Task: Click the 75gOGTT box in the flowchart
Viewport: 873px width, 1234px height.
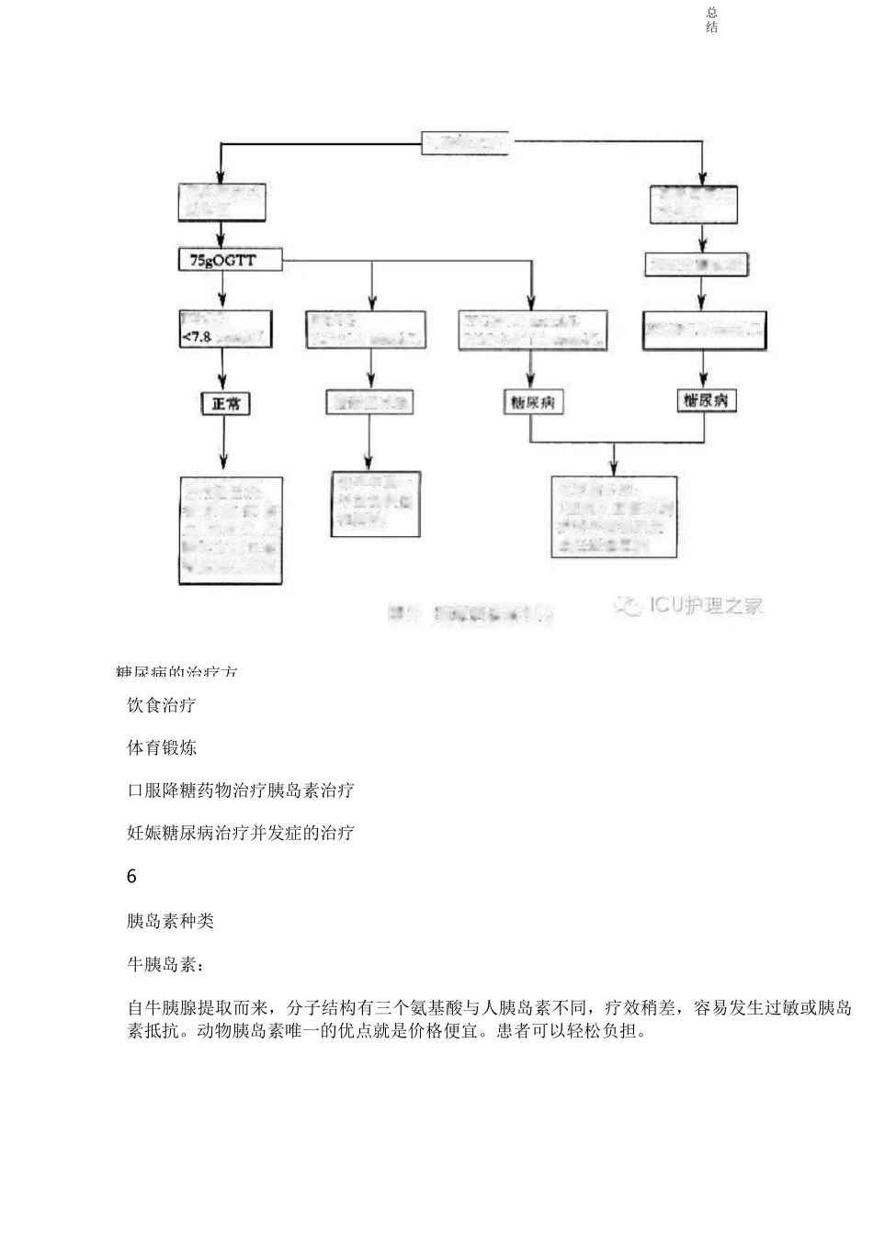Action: click(x=223, y=261)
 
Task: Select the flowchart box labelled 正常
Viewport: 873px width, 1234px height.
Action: click(x=225, y=402)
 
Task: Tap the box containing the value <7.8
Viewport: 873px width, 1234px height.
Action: click(x=224, y=329)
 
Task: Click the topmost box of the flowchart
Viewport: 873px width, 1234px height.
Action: click(x=464, y=143)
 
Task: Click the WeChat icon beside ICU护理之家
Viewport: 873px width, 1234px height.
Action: click(x=628, y=606)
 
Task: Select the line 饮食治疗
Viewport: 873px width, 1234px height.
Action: click(x=162, y=705)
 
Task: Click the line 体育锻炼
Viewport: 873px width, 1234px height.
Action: click(x=162, y=747)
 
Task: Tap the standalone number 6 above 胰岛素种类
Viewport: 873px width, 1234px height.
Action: click(x=131, y=877)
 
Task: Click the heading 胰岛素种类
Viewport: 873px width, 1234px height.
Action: click(x=170, y=921)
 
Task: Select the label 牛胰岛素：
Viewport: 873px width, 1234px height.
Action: click(x=166, y=965)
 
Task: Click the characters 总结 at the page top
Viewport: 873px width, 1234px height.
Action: click(x=712, y=19)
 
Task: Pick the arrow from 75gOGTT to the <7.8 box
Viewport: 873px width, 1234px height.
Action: click(x=223, y=290)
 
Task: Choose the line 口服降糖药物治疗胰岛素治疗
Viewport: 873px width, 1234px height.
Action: click(x=241, y=790)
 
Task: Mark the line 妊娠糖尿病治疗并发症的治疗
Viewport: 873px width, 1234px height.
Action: click(x=241, y=833)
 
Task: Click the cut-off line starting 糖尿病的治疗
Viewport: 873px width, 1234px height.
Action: click(x=177, y=672)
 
